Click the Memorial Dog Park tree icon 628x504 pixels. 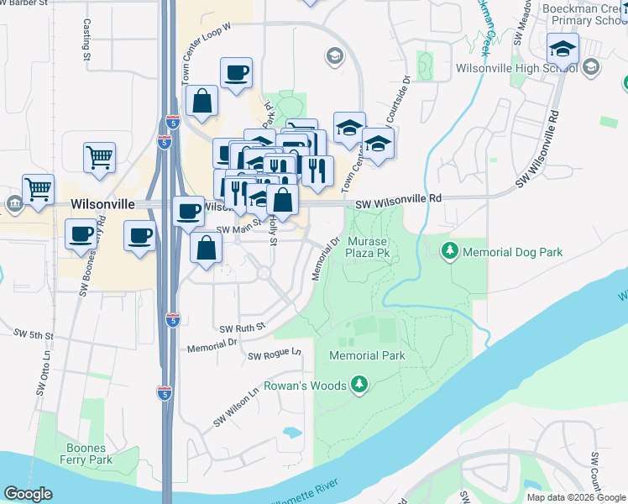450,250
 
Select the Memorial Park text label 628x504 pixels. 367,355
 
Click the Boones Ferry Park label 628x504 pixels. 86,454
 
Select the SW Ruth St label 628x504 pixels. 242,327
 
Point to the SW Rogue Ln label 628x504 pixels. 274,355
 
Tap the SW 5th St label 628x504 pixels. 33,334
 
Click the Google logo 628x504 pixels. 28,494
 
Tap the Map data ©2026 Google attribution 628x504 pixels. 575,497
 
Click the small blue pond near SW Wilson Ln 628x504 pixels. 291,433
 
